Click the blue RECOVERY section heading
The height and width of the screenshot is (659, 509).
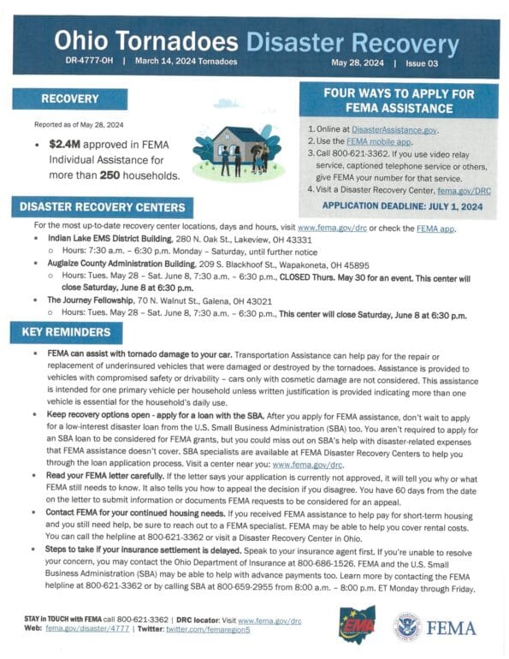click(x=70, y=99)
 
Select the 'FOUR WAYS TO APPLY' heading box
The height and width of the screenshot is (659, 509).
click(x=400, y=101)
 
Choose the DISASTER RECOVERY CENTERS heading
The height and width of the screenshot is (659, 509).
click(x=102, y=206)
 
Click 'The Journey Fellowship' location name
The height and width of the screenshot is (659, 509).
click(x=88, y=300)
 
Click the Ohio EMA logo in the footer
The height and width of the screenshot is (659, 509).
click(x=357, y=624)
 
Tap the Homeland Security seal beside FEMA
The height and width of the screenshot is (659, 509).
click(x=407, y=626)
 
